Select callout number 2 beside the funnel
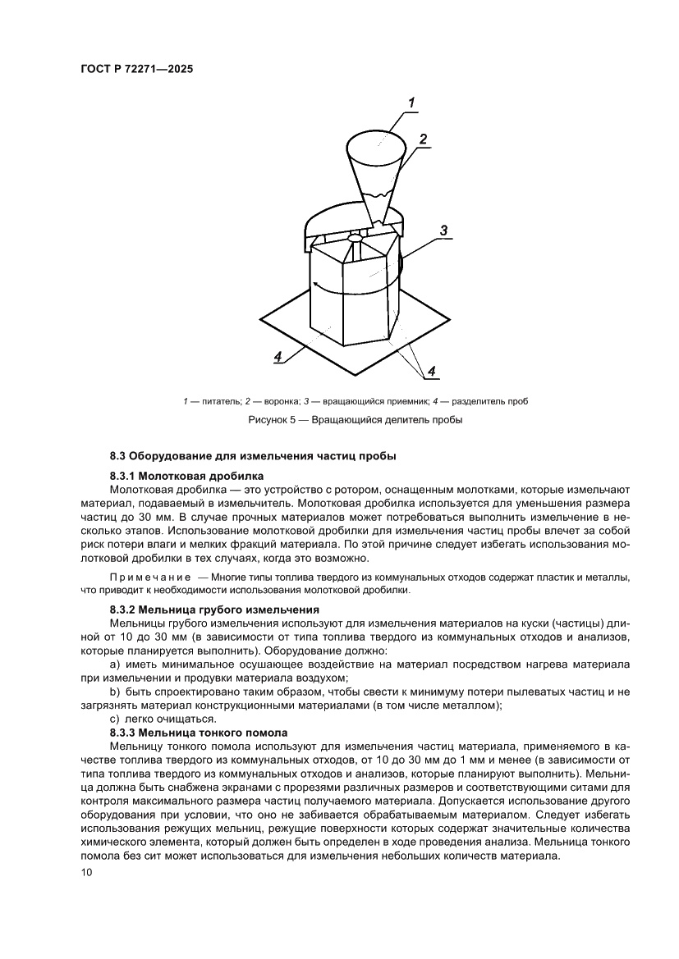(x=423, y=139)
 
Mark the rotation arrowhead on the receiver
(x=314, y=284)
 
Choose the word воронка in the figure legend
(x=277, y=401)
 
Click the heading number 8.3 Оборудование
(x=120, y=455)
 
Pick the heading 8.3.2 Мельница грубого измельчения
(x=213, y=610)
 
